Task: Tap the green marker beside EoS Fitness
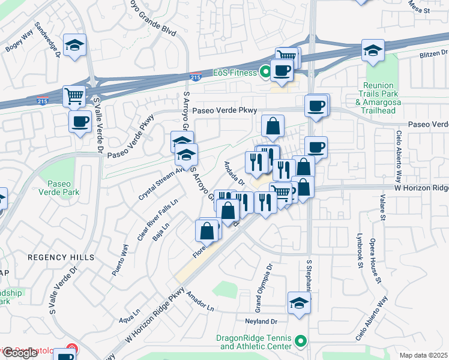[x=264, y=73]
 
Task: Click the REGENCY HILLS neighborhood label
[x=61, y=257]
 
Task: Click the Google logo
[x=20, y=353]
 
